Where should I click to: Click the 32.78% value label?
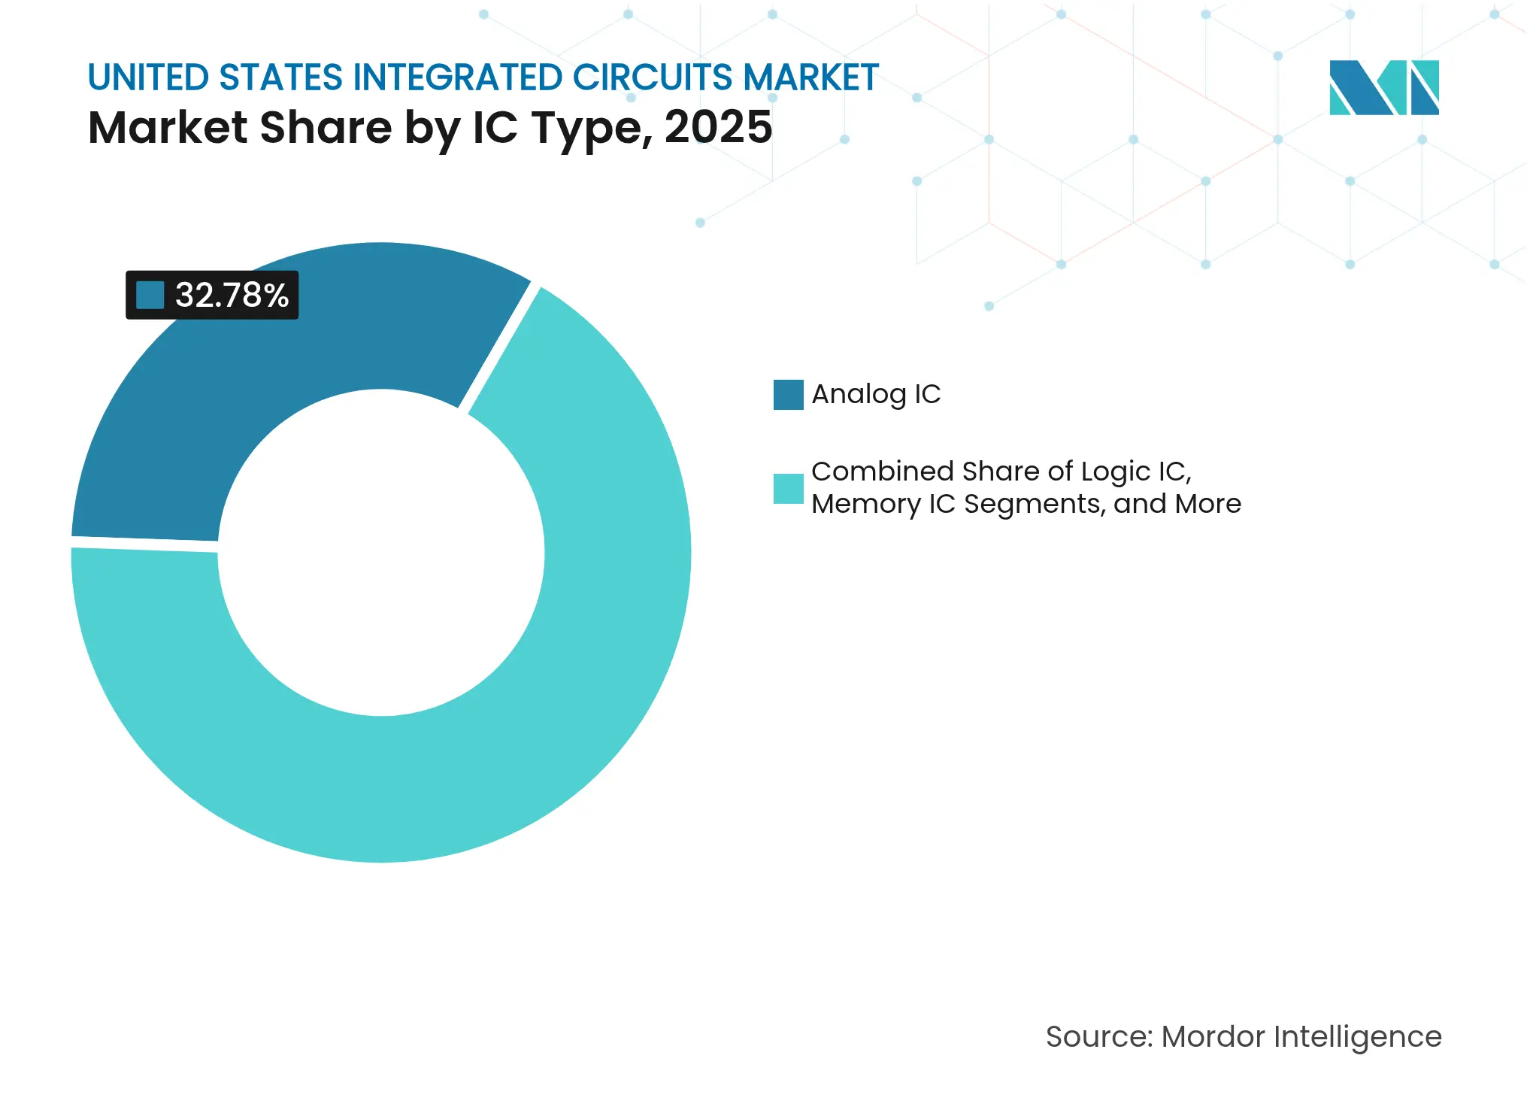pyautogui.click(x=232, y=295)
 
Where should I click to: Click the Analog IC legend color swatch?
pyautogui.click(x=788, y=395)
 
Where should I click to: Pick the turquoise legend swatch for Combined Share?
pyautogui.click(x=788, y=489)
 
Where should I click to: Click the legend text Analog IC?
pyautogui.click(x=876, y=394)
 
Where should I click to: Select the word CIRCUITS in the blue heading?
pyautogui.click(x=652, y=77)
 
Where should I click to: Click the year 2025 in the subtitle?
pyautogui.click(x=718, y=127)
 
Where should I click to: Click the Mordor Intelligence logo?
pyautogui.click(x=1383, y=87)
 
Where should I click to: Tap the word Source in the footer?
pyautogui.click(x=1098, y=1037)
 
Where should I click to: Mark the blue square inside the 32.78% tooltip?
pyautogui.click(x=150, y=295)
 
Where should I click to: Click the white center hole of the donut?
pyautogui.click(x=381, y=553)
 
